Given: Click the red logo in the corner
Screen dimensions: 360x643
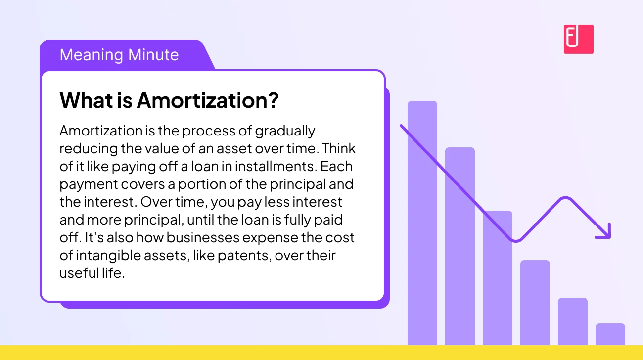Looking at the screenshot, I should pyautogui.click(x=578, y=39).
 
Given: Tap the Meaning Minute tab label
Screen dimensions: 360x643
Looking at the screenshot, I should pyautogui.click(x=119, y=54).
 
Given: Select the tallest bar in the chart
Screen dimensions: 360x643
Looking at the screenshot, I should pyautogui.click(x=422, y=223).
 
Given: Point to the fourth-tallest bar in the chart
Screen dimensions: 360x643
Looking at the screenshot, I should pyautogui.click(x=535, y=302).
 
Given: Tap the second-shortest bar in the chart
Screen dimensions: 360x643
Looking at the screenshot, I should pyautogui.click(x=572, y=321).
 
